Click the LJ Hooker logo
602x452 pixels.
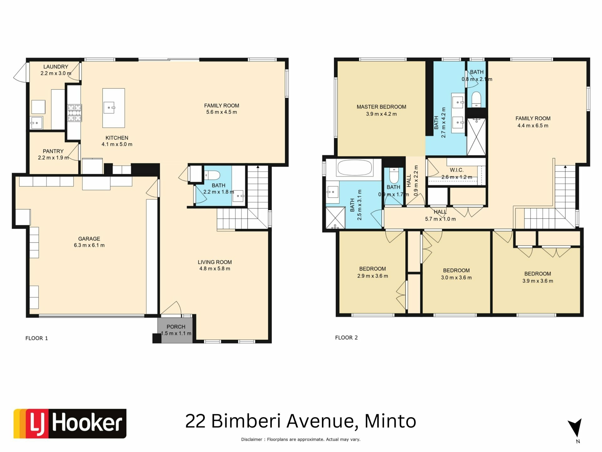[x=70, y=423]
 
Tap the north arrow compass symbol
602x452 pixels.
[x=575, y=428]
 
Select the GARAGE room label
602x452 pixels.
[x=89, y=239]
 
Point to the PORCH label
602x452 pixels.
[x=176, y=327]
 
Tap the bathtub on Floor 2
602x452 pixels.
[x=355, y=168]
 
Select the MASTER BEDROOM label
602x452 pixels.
[x=381, y=107]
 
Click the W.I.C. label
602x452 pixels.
[x=457, y=170]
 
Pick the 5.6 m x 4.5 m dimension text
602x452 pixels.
[x=222, y=112]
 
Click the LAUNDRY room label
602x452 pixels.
[x=55, y=67]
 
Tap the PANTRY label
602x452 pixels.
[x=53, y=151]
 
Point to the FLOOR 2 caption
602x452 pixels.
[x=346, y=337]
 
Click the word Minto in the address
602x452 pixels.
[x=390, y=421]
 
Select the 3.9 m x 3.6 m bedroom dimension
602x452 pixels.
[x=538, y=281]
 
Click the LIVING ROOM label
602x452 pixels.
[x=215, y=262]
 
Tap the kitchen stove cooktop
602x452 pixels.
[x=75, y=113]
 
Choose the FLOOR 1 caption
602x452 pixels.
[x=37, y=338]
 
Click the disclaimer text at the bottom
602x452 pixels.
[x=301, y=439]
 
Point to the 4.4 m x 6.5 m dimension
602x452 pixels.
[x=533, y=126]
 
